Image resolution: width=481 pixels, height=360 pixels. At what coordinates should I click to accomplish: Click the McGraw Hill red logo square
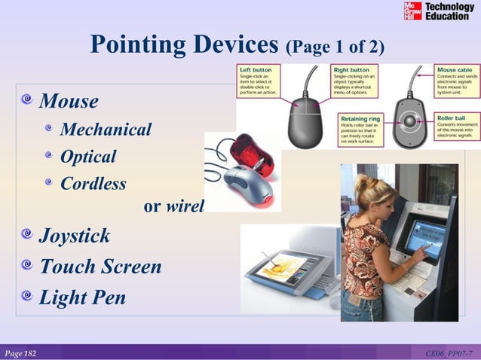tap(412, 11)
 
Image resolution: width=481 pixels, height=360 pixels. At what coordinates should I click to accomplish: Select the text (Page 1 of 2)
tap(335, 48)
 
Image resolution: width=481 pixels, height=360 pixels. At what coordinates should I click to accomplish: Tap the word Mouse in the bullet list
tap(69, 101)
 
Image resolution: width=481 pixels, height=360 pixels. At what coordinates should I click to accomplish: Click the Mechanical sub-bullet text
tap(106, 130)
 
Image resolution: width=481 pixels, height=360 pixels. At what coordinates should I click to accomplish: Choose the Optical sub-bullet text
tap(88, 157)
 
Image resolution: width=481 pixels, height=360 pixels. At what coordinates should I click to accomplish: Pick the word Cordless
tap(93, 184)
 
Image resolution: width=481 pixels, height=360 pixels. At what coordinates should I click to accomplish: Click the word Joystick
tap(75, 236)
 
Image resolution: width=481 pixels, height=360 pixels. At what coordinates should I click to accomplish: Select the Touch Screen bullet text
tap(100, 267)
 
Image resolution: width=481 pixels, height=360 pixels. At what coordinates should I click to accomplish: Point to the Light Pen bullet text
tap(82, 297)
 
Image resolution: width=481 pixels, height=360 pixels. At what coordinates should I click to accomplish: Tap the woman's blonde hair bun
tap(360, 182)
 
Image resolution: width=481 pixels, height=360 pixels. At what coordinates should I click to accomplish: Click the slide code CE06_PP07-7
tap(449, 353)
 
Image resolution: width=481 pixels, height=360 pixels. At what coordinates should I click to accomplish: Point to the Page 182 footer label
tap(20, 353)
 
